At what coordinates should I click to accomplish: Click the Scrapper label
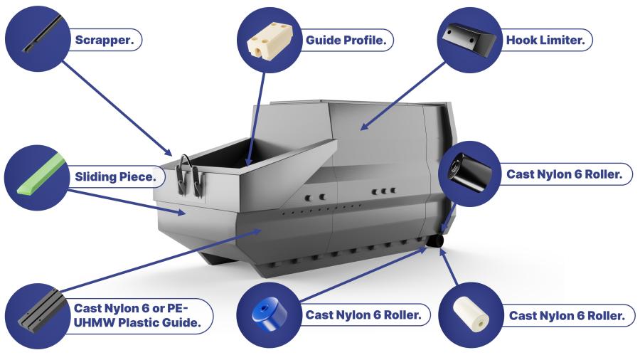click(104, 40)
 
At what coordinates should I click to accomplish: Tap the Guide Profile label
click(346, 41)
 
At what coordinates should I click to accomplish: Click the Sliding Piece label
click(114, 176)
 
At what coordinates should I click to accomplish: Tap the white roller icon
click(471, 314)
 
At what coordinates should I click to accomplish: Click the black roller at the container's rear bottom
click(434, 242)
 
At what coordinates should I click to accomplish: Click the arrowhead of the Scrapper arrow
click(170, 154)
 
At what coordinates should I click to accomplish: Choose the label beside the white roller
click(567, 316)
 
